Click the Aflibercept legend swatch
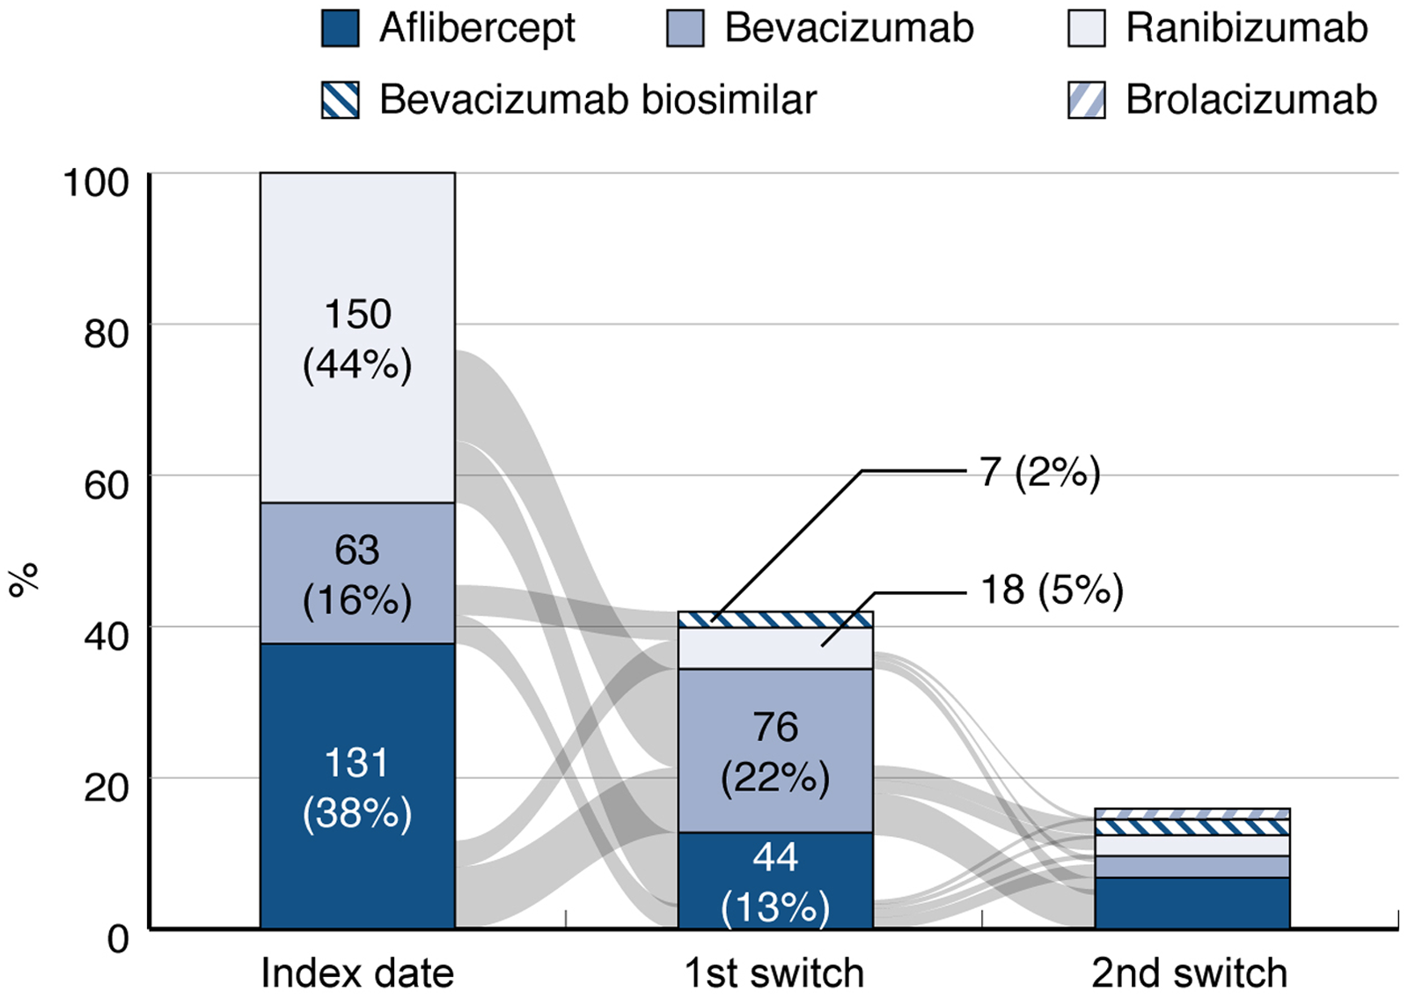340,28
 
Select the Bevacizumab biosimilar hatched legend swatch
340,100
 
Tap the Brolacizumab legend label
1250,100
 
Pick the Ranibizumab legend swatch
1087,28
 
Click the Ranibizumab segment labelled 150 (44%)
357,337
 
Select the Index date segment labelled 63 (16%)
357,573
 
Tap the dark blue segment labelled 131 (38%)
357,786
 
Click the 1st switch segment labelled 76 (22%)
775,751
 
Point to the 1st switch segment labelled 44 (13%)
775,880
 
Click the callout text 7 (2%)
1040,472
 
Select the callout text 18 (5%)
1052,591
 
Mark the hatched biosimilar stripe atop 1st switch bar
775,620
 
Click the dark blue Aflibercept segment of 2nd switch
1192,903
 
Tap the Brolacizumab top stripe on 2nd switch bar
1192,814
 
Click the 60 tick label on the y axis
106,486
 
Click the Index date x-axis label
357,973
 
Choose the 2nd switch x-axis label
1189,973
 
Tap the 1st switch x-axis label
774,973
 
